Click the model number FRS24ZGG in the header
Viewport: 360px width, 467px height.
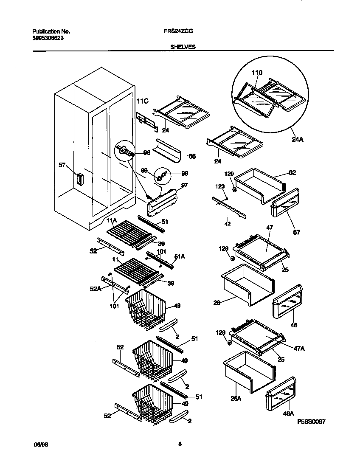coord(180,31)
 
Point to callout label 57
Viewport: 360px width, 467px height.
coord(62,165)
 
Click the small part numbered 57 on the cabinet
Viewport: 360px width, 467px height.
coord(79,180)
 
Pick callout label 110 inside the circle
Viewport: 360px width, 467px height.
coord(257,73)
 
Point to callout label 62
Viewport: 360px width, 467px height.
coord(292,173)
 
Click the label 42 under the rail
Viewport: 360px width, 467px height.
coord(228,224)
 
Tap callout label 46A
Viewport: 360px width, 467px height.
coord(289,413)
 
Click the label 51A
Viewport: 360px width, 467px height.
coord(180,256)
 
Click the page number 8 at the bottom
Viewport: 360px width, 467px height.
coord(180,444)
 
